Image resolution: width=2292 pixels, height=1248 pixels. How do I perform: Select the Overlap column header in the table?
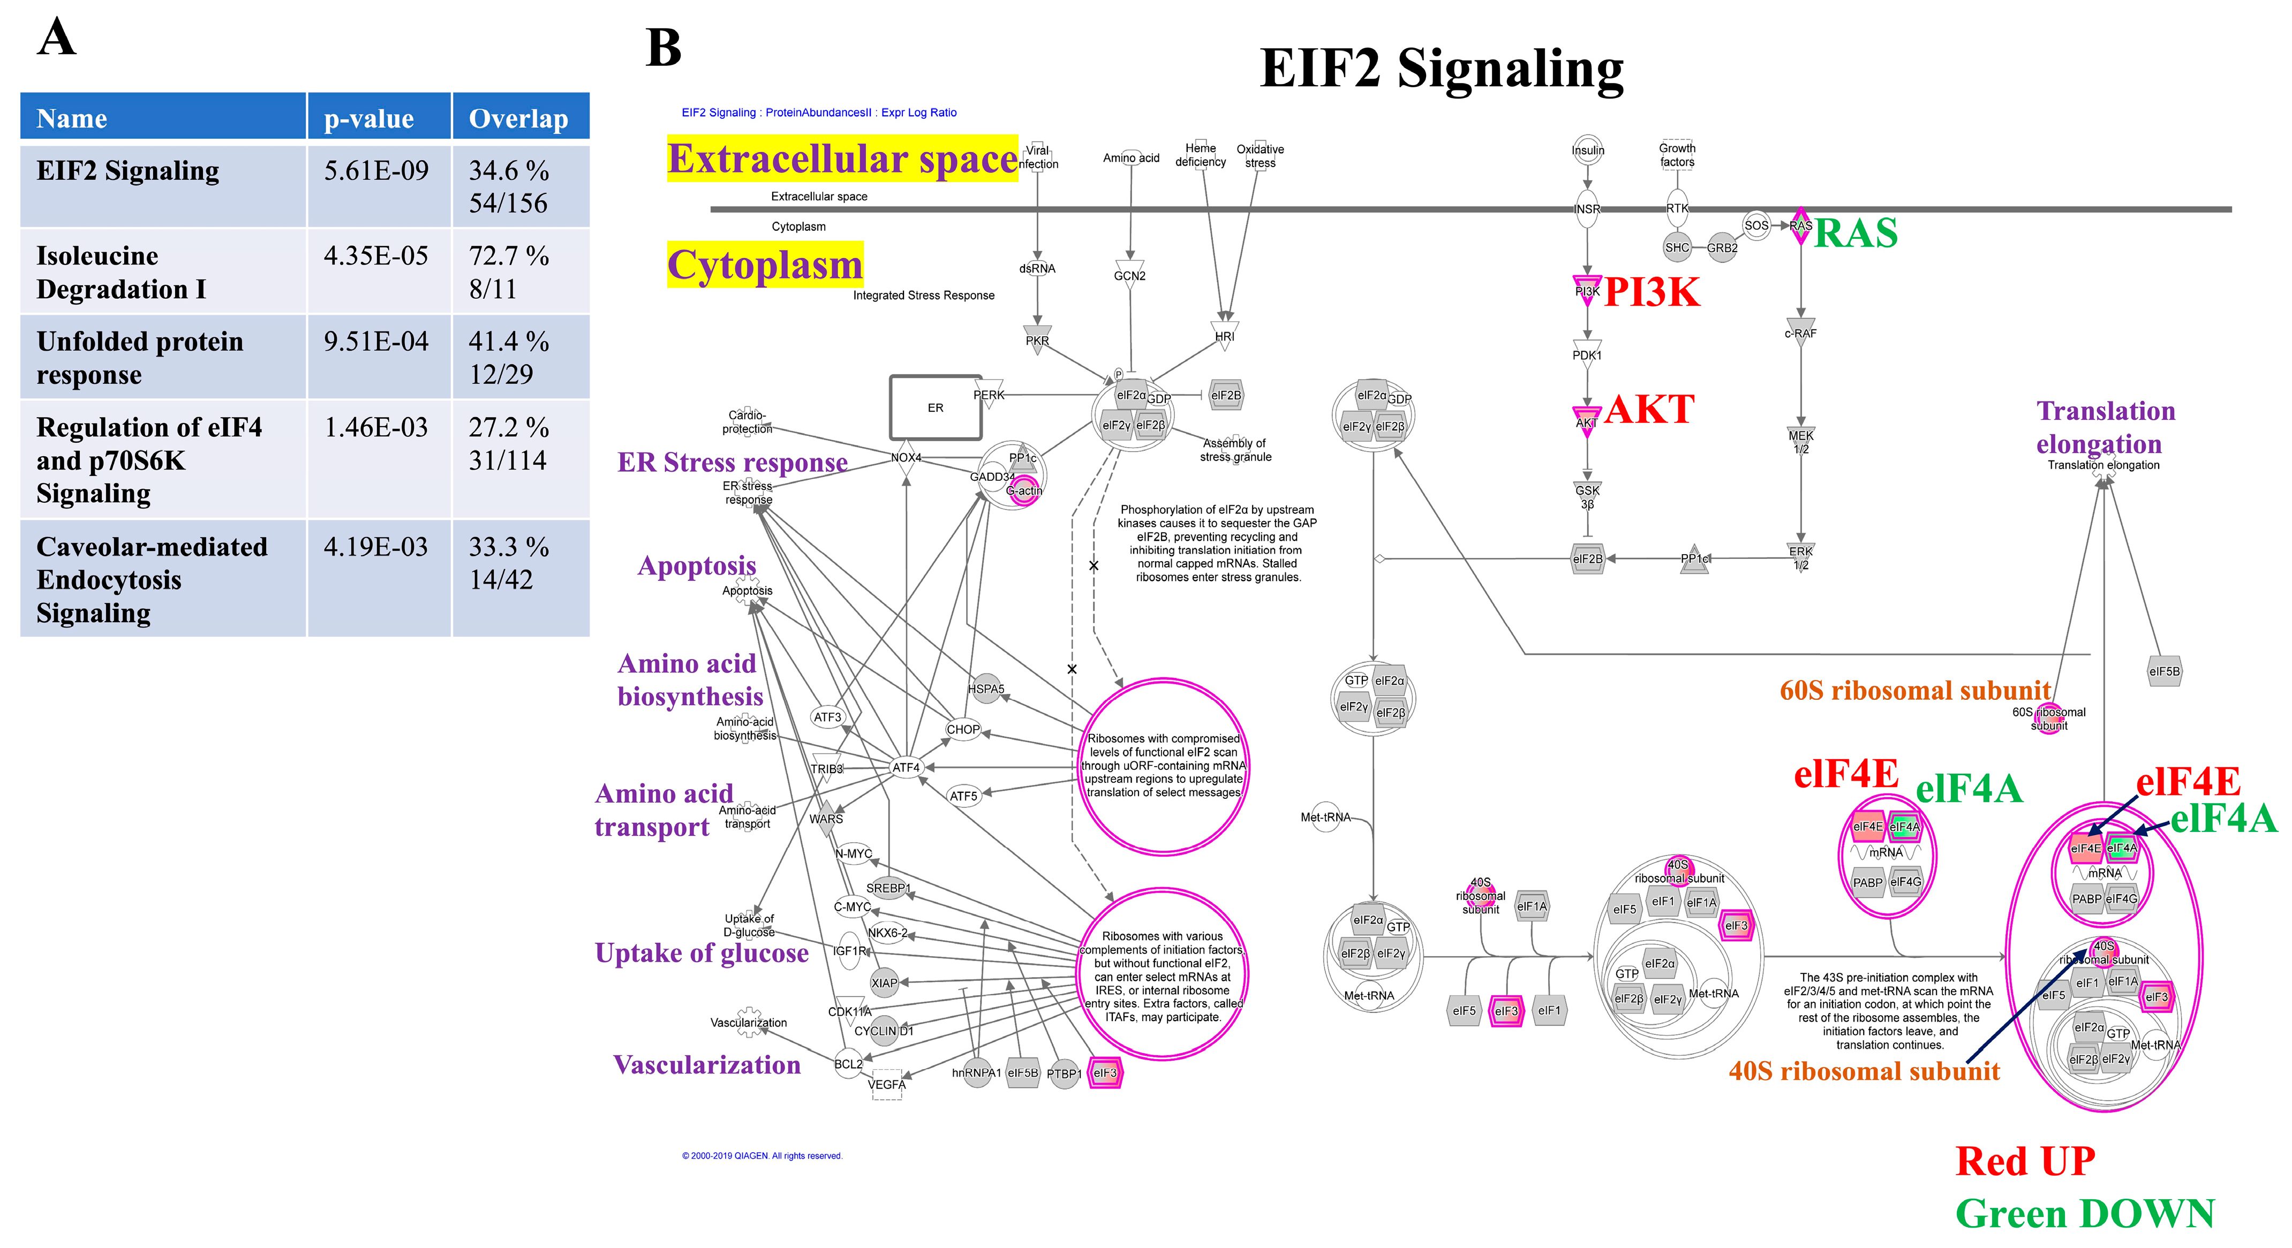(519, 118)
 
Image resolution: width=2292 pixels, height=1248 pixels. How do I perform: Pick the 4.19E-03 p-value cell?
(376, 547)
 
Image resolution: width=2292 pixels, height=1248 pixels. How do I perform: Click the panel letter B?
(663, 48)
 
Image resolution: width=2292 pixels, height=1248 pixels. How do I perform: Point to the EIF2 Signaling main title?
(1442, 69)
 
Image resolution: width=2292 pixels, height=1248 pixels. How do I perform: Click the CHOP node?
(963, 729)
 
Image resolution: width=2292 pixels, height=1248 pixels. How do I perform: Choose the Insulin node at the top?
(1587, 150)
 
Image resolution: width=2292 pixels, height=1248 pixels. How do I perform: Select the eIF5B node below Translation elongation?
(2164, 671)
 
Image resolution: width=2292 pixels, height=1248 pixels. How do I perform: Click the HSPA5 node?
(986, 689)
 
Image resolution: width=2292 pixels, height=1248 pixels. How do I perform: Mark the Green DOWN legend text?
(2085, 1214)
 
